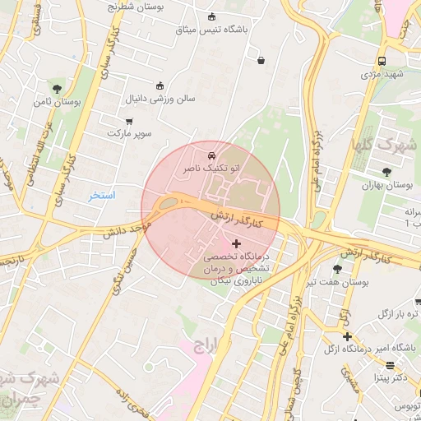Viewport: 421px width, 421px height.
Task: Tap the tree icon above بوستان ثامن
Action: [57, 88]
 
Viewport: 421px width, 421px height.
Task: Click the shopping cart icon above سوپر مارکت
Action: [129, 120]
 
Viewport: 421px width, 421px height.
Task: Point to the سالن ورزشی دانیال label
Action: [160, 99]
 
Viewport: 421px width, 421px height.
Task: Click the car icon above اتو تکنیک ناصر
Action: [212, 154]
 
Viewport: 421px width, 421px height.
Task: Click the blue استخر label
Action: [103, 196]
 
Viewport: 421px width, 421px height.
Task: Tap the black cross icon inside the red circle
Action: [237, 243]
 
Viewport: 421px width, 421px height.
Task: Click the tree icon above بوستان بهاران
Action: [386, 171]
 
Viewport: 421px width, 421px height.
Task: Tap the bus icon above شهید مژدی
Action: [382, 61]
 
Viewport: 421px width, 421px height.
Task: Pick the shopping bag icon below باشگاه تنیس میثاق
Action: [261, 60]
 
